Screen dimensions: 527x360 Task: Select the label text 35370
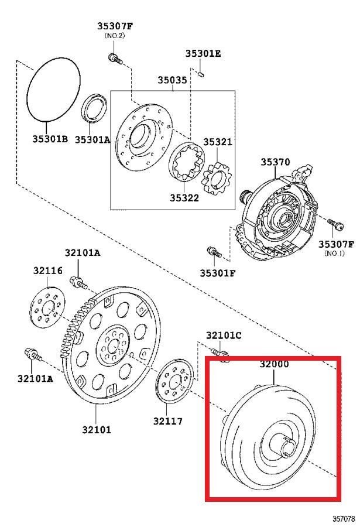click(275, 162)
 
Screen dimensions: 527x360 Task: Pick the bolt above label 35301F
click(214, 252)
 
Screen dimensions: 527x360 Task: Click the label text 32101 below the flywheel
click(96, 429)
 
